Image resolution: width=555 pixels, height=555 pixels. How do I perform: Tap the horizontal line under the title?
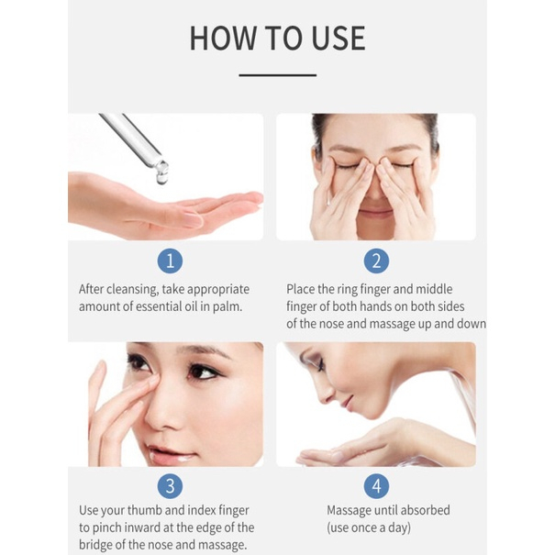[x=277, y=75]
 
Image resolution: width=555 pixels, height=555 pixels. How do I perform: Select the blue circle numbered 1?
[x=169, y=261]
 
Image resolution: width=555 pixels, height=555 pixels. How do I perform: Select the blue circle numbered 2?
[x=376, y=261]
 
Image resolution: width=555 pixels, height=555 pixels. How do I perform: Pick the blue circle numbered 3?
[x=169, y=486]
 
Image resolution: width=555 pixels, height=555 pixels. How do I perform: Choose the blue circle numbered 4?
[x=376, y=486]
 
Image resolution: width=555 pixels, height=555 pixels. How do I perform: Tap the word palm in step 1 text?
[x=228, y=306]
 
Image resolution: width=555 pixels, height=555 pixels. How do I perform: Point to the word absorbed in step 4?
[x=418, y=510]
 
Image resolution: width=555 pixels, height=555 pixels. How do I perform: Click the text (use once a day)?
[x=369, y=527]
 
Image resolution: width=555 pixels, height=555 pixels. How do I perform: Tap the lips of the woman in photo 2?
[x=375, y=213]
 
